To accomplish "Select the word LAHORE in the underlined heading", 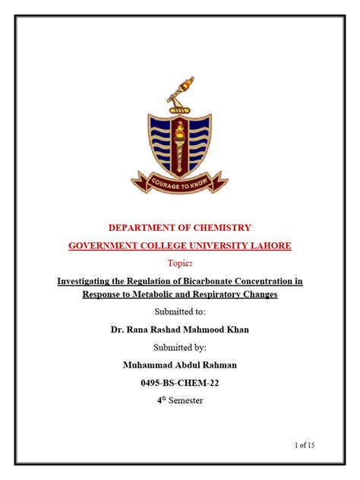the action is (x=269, y=245).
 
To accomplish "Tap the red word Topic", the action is (x=179, y=263).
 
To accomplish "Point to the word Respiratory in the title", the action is (x=215, y=294).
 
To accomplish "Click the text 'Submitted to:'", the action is (x=180, y=311).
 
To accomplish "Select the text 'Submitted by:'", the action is (x=180, y=347).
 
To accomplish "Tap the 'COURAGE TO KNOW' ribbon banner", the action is (x=179, y=182).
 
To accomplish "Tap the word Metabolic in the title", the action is (x=153, y=294).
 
